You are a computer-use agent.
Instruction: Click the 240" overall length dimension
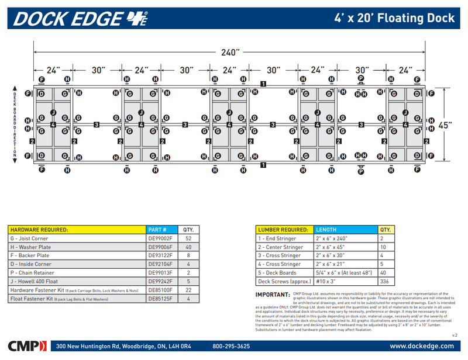229,51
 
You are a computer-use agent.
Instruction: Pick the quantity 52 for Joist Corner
188,238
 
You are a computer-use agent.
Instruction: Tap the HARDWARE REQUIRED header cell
39,230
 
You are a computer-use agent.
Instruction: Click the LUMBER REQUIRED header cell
283,230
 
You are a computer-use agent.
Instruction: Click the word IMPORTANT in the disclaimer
273,294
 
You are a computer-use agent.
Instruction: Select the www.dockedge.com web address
421,346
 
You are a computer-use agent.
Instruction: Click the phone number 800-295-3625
231,346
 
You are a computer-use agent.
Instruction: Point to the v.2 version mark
454,335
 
